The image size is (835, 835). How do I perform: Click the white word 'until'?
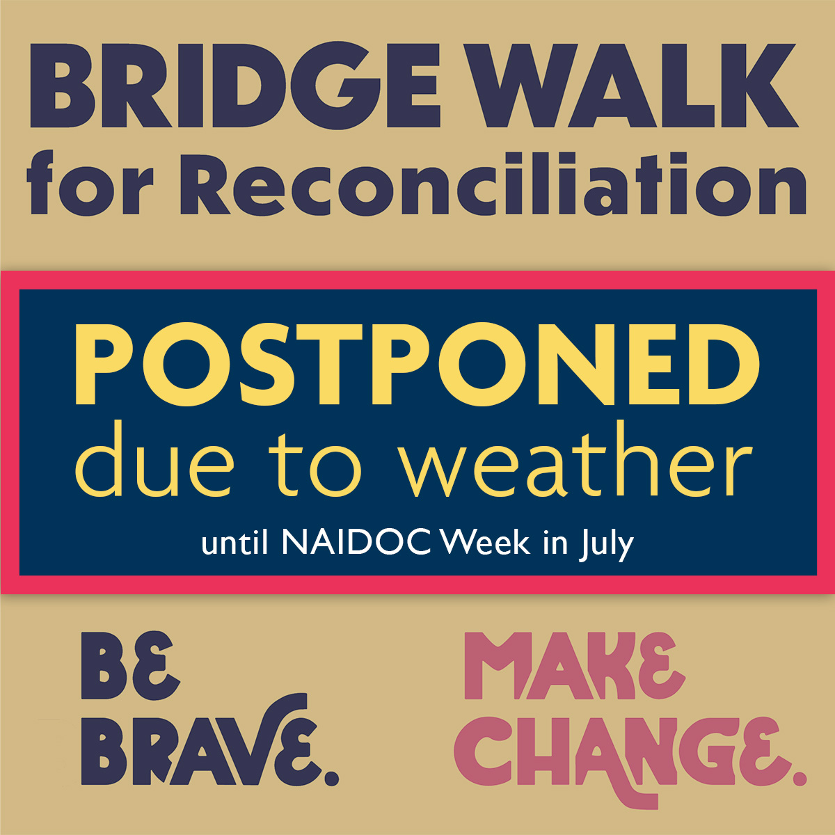(x=234, y=543)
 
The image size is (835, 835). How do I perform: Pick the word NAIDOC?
(x=356, y=543)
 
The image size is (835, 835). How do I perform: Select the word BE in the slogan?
(x=130, y=666)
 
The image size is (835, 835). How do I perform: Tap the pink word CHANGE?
(x=616, y=753)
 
